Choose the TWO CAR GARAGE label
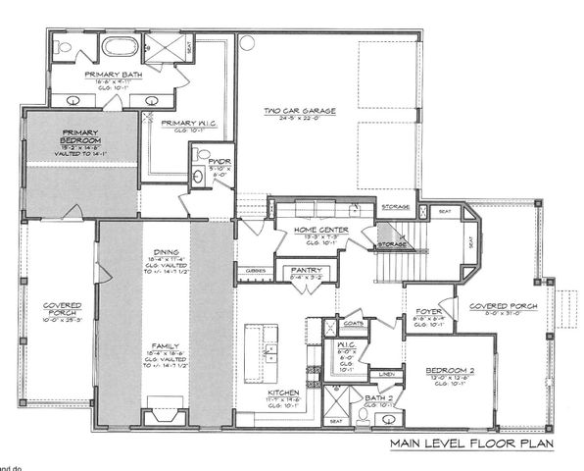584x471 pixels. pos(298,111)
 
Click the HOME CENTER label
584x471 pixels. pos(306,230)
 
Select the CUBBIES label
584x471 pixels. pos(258,269)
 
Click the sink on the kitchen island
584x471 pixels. pos(271,347)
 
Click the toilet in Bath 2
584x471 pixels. pos(362,415)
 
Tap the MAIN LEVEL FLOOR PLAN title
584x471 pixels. pos(469,443)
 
